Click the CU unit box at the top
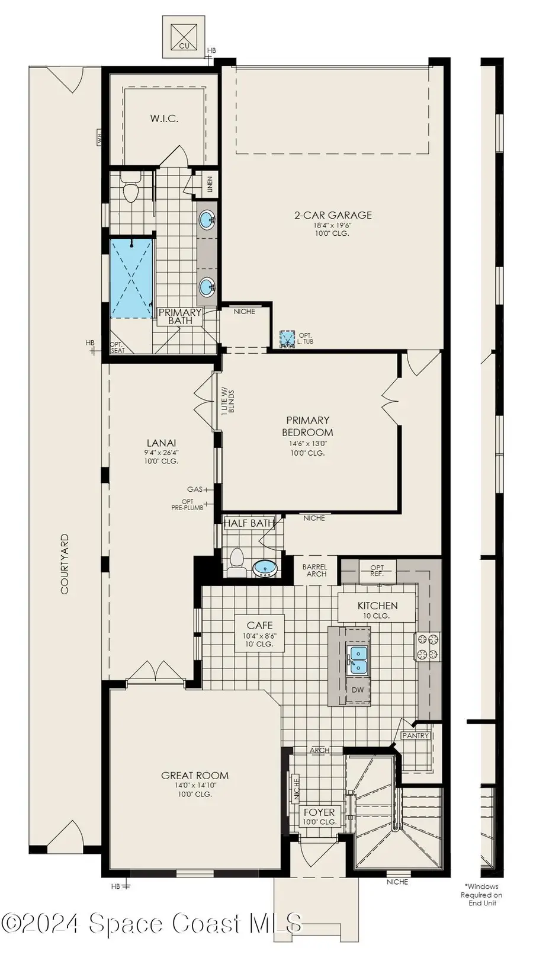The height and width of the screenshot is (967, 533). pos(184,37)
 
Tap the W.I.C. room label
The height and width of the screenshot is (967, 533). pos(164,119)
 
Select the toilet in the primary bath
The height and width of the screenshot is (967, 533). pos(130,190)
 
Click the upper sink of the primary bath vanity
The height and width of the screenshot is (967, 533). pos(207,220)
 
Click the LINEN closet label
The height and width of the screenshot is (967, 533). pos(210,185)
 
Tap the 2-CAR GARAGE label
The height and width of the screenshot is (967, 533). pos(333,216)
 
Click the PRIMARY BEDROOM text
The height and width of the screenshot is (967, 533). pos(307,427)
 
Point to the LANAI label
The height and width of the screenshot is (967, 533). pos(161,443)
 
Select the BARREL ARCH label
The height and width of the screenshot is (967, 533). pos(314,571)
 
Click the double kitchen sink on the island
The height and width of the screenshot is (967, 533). pos(358,660)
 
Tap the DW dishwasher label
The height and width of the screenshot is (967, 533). pos(358,690)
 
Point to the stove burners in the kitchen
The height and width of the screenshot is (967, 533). pos(428,646)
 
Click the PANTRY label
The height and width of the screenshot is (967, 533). pos(415,736)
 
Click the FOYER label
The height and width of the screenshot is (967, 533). pos(319,812)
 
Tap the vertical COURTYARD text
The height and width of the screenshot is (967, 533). pos(65,563)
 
